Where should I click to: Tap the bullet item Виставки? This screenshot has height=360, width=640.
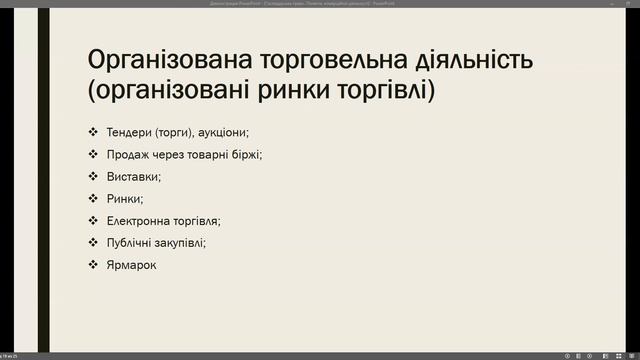pyautogui.click(x=133, y=177)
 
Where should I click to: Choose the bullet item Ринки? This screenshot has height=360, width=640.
pyautogui.click(x=124, y=199)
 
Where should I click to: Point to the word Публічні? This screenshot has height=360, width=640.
pyautogui.click(x=130, y=243)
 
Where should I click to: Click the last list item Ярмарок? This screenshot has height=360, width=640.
pyautogui.click(x=132, y=265)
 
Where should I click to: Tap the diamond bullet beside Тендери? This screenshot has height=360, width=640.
pyautogui.click(x=92, y=133)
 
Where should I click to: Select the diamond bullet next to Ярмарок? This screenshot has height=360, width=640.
pyautogui.click(x=92, y=265)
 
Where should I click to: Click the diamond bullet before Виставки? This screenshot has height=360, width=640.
pyautogui.click(x=92, y=177)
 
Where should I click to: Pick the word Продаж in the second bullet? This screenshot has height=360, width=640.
pyautogui.click(x=128, y=155)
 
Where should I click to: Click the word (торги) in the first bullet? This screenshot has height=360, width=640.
pyautogui.click(x=175, y=133)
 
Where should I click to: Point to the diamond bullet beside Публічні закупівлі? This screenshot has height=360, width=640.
pyautogui.click(x=92, y=243)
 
